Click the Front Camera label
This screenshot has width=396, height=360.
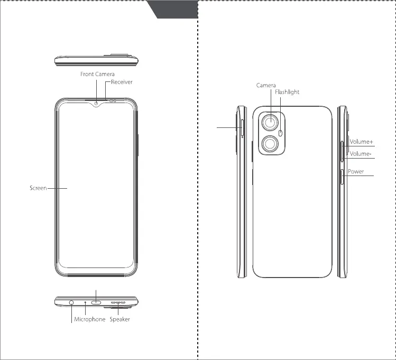click(97, 74)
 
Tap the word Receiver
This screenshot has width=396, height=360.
click(122, 82)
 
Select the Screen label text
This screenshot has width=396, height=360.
click(38, 188)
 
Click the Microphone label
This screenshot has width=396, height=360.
click(89, 319)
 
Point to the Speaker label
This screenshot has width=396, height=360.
click(119, 319)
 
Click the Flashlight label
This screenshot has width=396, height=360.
click(287, 92)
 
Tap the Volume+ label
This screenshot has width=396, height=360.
click(361, 142)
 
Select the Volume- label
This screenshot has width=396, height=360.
click(361, 154)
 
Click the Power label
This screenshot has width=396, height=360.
click(356, 172)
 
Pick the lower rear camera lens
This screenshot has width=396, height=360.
click(270, 144)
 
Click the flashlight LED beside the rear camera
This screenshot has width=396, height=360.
click(281, 133)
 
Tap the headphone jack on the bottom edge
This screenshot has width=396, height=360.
click(71, 303)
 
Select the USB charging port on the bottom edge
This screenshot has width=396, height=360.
click(97, 303)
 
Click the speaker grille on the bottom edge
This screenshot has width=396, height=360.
click(118, 303)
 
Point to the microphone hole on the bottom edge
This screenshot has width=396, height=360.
click(85, 303)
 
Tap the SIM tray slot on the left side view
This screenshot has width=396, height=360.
click(242, 128)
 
